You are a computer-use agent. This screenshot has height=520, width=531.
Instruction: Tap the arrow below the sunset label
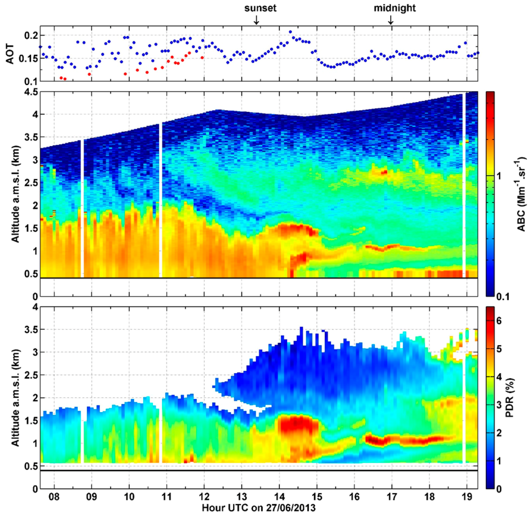pos(256,20)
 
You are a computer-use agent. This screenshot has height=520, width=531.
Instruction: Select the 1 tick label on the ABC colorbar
pos(499,176)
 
